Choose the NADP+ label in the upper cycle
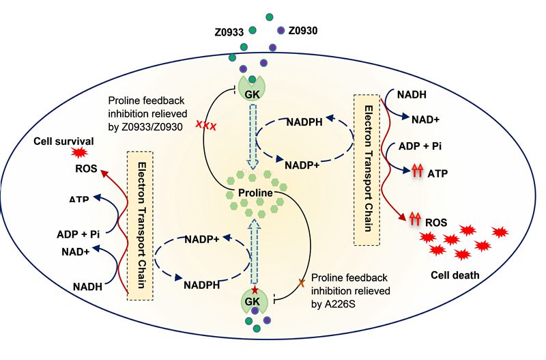click(x=300, y=165)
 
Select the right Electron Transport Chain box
click(x=367, y=169)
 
